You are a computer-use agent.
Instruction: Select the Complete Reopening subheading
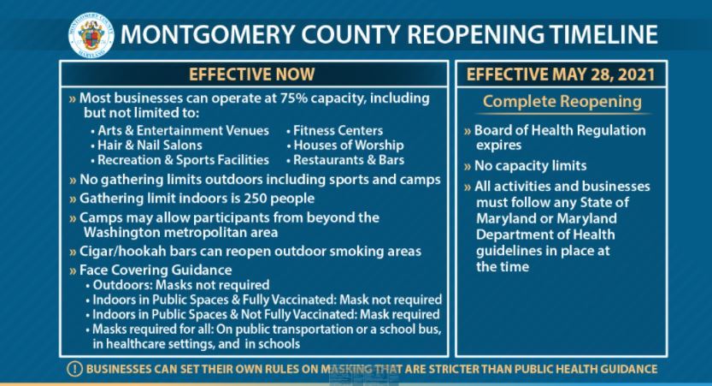click(x=562, y=102)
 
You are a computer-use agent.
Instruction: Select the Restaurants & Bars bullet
click(x=349, y=160)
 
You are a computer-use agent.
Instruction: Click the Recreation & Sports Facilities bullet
click(x=181, y=160)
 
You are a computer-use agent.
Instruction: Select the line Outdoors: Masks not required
click(x=181, y=284)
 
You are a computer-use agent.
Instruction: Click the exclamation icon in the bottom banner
click(x=74, y=369)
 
